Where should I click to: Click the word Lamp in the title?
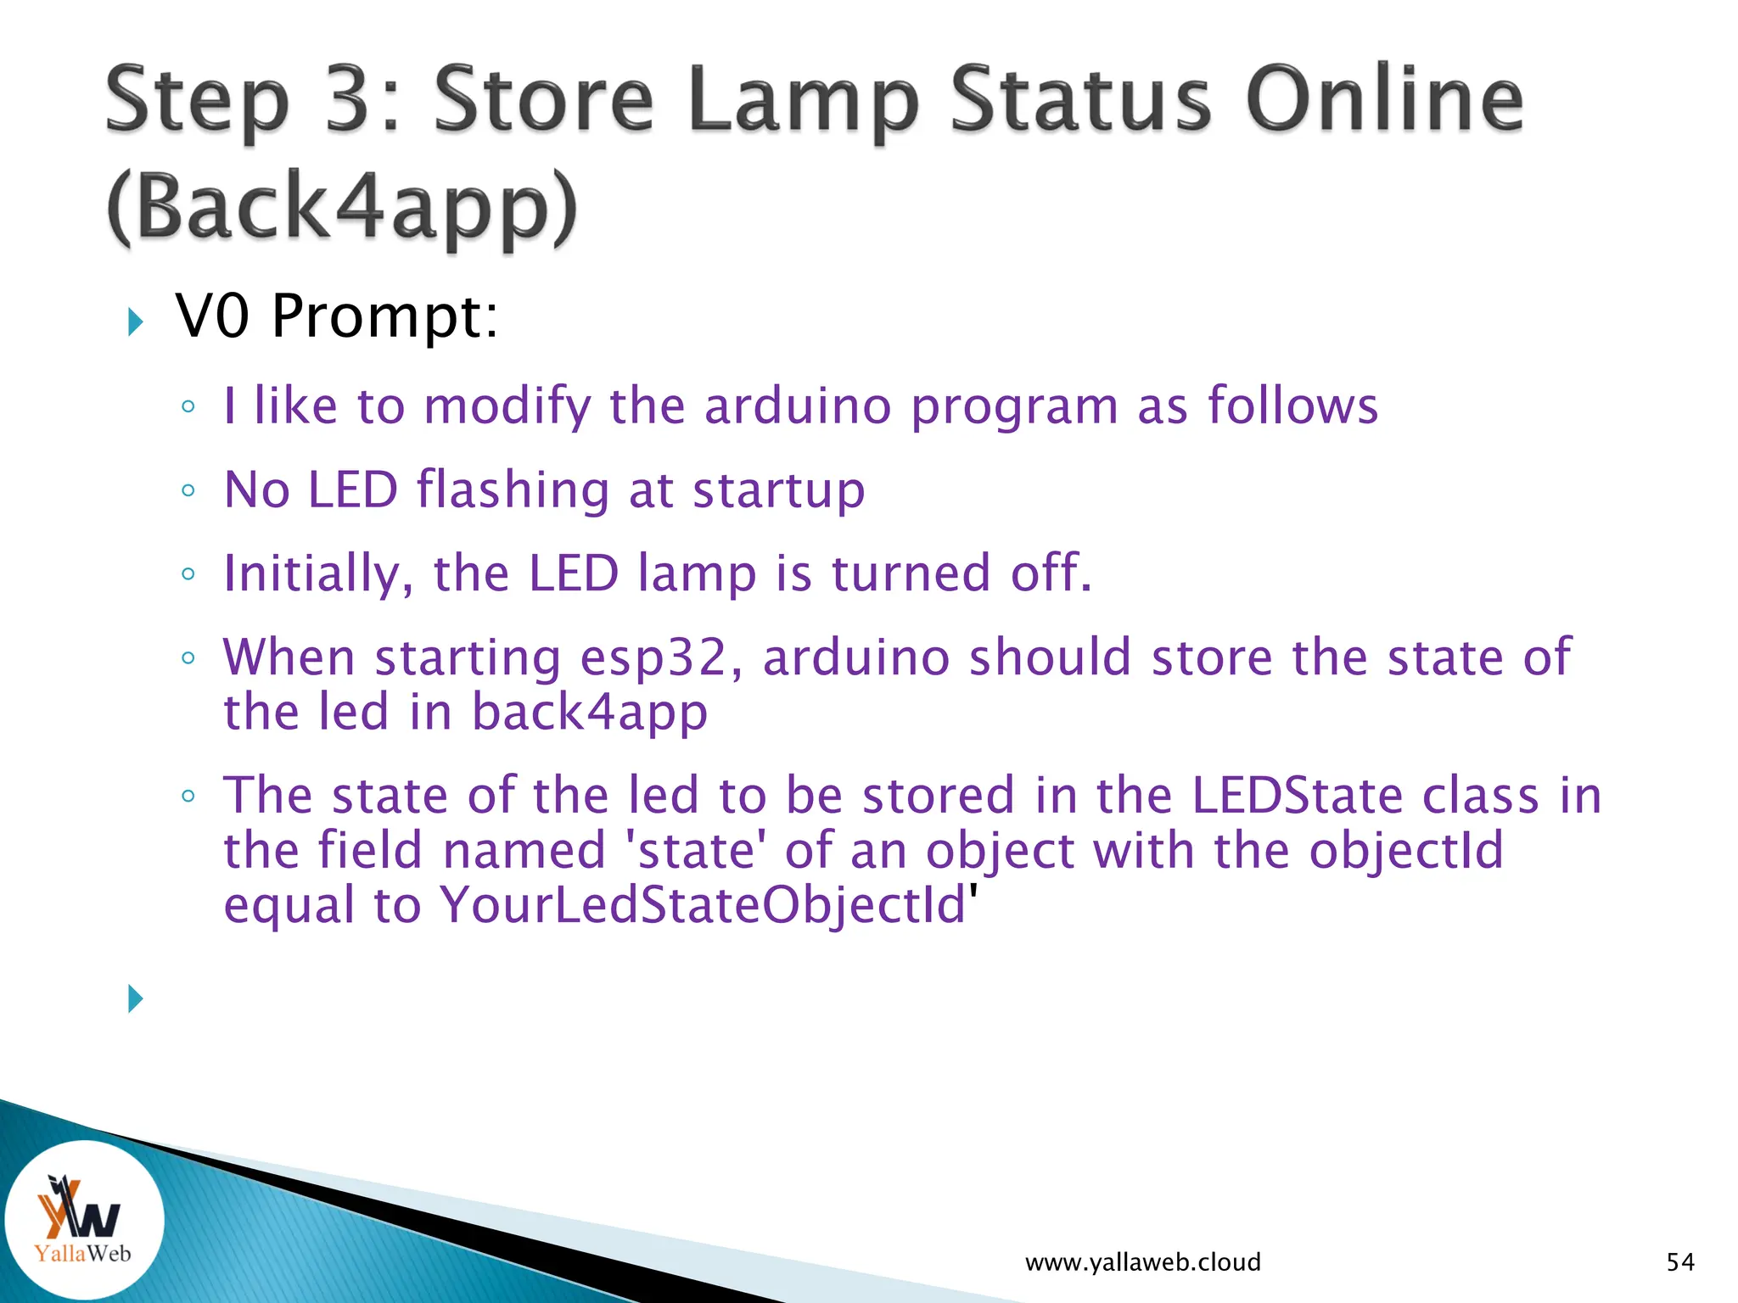803,102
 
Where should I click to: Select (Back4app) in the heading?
342,208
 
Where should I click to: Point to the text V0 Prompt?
337,316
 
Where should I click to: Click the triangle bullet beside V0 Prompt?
135,322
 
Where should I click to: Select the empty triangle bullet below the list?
135,998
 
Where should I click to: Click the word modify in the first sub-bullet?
507,405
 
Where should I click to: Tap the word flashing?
513,490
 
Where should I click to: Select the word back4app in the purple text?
589,712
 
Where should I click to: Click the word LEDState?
1297,796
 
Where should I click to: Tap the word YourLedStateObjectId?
703,904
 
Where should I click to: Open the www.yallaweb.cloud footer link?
1142,1262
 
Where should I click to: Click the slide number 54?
1679,1262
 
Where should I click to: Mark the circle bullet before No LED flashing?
188,490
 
